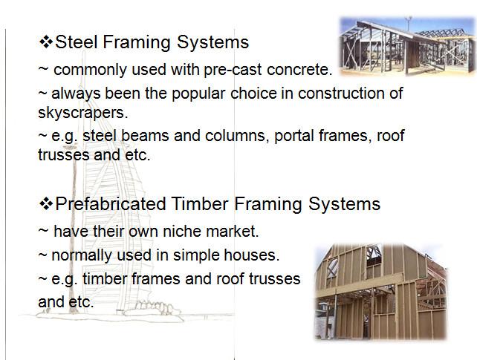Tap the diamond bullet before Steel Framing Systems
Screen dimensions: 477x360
click(x=46, y=42)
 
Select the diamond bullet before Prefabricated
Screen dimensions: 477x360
click(x=46, y=204)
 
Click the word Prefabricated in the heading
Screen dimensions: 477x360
click(x=111, y=203)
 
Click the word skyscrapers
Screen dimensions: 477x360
click(x=83, y=114)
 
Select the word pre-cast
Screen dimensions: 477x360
click(x=233, y=70)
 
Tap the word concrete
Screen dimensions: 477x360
click(x=299, y=70)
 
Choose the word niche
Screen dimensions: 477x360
click(x=182, y=232)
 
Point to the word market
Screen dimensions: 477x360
click(x=232, y=232)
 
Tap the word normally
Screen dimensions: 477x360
click(x=82, y=255)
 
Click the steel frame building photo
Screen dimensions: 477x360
click(x=407, y=46)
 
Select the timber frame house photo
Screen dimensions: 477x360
click(x=381, y=292)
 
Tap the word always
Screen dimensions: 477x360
click(x=76, y=94)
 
